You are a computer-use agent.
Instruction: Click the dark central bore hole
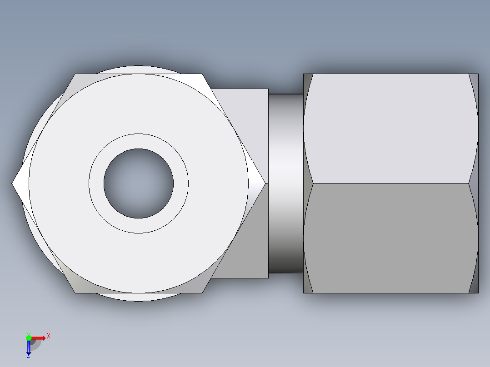[138, 183]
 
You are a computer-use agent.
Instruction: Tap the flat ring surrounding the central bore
[138, 141]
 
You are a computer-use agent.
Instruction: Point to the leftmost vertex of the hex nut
[13, 183]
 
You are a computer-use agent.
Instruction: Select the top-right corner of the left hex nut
[202, 75]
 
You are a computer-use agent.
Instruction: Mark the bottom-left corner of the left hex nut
[75, 292]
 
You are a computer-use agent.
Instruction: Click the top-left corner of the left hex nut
[75, 75]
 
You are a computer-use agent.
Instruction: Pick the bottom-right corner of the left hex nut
[202, 292]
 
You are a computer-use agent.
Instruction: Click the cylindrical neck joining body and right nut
[285, 183]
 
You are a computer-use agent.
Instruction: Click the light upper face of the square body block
[248, 118]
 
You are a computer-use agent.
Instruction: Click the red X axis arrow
[39, 337]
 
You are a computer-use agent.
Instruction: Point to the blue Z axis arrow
[29, 348]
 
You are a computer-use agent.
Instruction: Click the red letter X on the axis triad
[49, 336]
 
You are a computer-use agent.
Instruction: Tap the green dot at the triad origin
[29, 337]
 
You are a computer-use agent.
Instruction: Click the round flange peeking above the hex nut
[136, 69]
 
